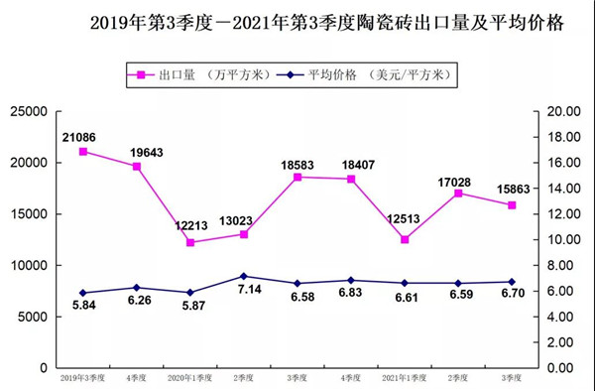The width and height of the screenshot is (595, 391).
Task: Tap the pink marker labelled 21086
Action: pyautogui.click(x=83, y=152)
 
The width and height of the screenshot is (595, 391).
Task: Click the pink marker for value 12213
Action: pyautogui.click(x=190, y=242)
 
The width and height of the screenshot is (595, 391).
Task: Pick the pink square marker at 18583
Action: pyautogui.click(x=297, y=177)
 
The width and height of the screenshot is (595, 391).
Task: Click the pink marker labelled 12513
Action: pyautogui.click(x=405, y=239)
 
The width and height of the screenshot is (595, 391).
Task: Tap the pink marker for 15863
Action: pyautogui.click(x=512, y=205)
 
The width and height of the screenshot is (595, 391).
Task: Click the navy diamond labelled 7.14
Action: pyautogui.click(x=244, y=276)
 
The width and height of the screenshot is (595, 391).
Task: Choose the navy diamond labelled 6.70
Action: pyautogui.click(x=512, y=282)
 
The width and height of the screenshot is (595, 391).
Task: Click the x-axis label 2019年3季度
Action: pyautogui.click(x=83, y=378)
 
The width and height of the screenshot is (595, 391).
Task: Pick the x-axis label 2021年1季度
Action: pyautogui.click(x=405, y=378)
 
